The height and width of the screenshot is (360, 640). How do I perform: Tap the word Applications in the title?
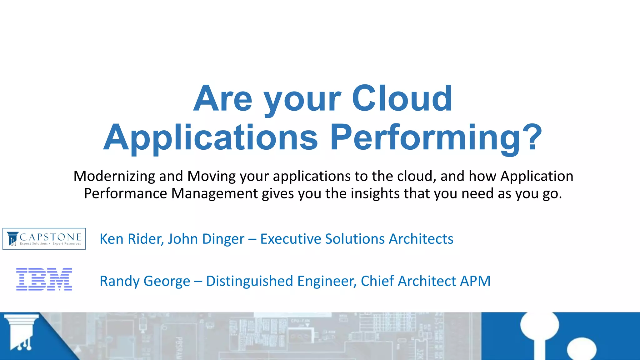(x=211, y=137)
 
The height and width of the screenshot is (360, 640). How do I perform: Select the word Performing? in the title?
(x=436, y=137)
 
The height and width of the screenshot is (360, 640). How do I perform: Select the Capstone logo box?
(x=44, y=239)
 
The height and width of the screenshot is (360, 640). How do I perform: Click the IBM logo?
(x=44, y=279)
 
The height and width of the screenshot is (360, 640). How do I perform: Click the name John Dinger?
(x=206, y=239)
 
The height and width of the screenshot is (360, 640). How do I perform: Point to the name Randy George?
(x=145, y=281)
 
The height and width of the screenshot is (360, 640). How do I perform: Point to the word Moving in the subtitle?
(x=212, y=176)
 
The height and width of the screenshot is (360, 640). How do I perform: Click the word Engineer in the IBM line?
(x=327, y=281)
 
